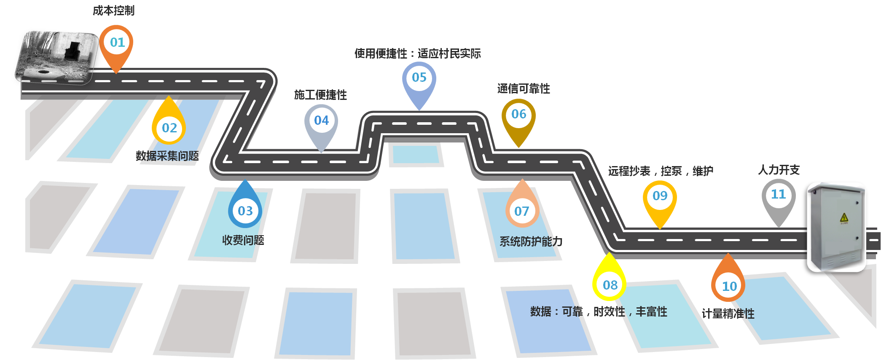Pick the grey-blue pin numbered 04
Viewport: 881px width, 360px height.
click(x=321, y=121)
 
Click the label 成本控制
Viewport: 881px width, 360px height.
click(x=113, y=11)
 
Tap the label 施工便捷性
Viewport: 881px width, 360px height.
click(x=320, y=95)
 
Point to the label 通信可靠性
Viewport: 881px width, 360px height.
click(x=523, y=89)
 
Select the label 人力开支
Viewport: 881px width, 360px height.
click(x=779, y=170)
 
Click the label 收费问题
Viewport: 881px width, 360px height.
click(x=243, y=240)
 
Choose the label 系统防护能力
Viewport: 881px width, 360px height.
click(x=531, y=242)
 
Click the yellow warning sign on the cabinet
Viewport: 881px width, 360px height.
click(x=844, y=218)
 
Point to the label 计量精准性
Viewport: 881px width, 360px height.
click(x=728, y=314)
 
